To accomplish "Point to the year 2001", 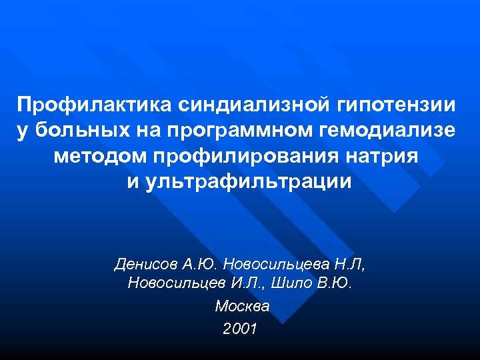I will (240, 329).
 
